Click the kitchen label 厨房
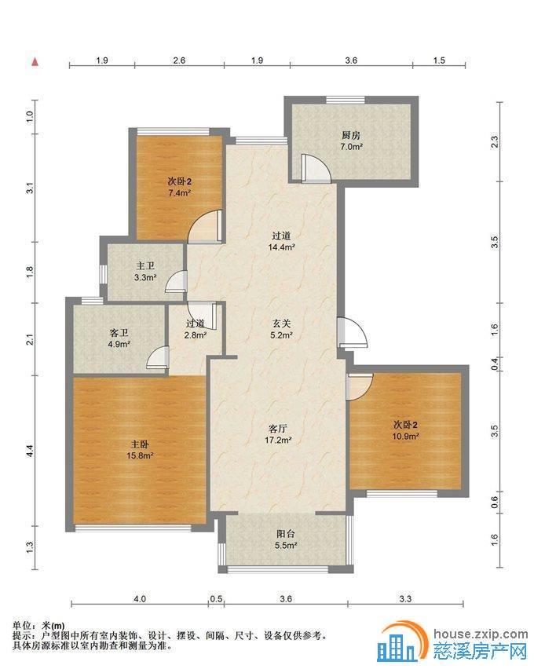point(351,136)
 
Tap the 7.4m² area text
point(179,193)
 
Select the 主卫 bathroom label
point(145,266)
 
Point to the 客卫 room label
point(119,332)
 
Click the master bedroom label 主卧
point(140,444)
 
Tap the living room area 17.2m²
point(278,440)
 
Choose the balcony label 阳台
point(286,534)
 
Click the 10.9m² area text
point(405,437)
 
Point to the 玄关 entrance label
point(281,324)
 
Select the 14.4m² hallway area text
point(282,247)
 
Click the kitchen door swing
point(316,168)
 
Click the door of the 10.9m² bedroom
point(360,387)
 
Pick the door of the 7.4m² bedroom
point(205,227)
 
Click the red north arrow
point(35,62)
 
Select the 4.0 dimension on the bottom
point(140,599)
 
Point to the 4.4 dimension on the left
point(30,451)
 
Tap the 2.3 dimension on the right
point(494,141)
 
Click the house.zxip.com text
point(481,634)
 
